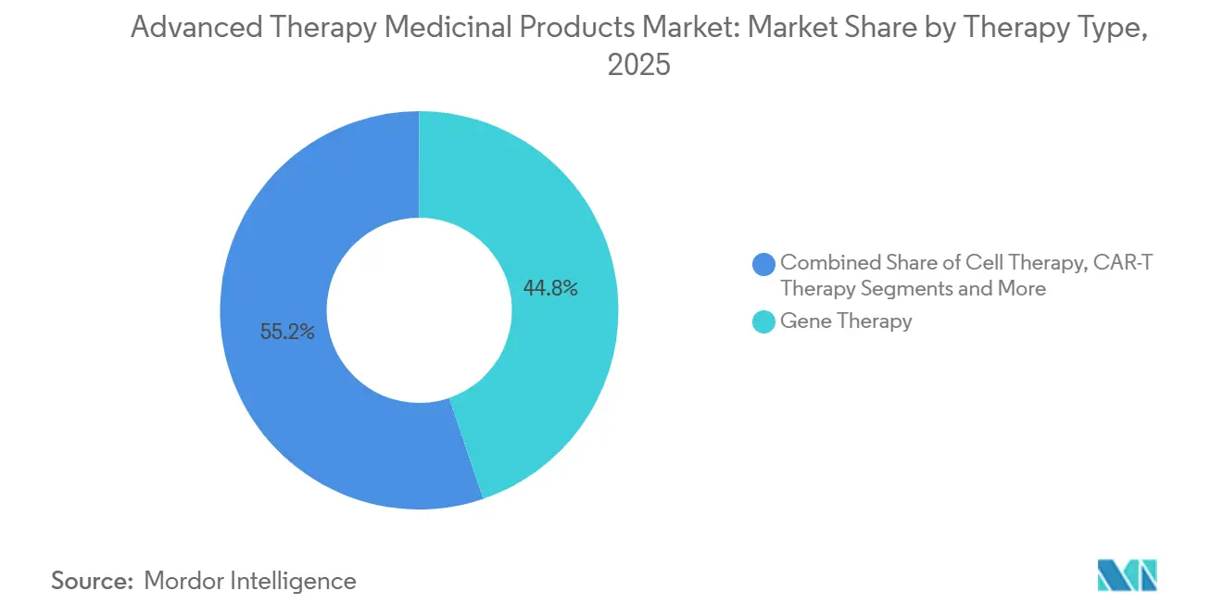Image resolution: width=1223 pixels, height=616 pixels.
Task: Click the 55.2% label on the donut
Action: (287, 332)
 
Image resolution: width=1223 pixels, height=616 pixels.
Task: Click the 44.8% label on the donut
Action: (550, 289)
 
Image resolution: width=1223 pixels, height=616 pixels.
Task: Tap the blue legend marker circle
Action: (764, 264)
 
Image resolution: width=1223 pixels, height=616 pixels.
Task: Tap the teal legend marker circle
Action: (764, 321)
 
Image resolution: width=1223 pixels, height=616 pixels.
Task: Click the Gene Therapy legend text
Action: (846, 321)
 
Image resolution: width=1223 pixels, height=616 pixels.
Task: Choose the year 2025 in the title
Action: (638, 66)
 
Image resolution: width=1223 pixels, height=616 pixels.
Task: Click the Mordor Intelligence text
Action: (250, 581)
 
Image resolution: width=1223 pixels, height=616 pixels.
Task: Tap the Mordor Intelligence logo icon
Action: (1128, 575)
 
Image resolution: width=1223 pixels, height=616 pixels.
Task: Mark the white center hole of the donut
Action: (419, 310)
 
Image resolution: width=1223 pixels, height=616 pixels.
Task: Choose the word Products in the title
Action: (574, 28)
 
